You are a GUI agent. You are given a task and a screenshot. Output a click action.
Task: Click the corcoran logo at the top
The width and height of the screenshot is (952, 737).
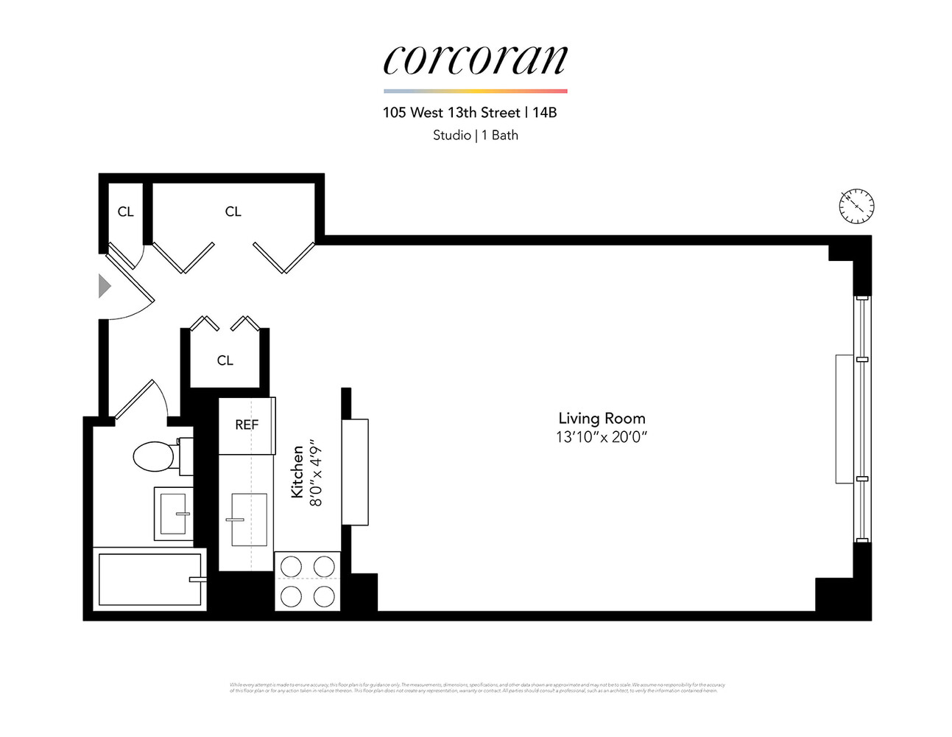point(475,59)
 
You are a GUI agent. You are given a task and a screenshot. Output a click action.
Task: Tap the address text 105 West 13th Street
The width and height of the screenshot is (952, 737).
point(451,113)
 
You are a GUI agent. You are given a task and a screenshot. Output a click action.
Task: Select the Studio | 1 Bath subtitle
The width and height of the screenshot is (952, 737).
point(475,135)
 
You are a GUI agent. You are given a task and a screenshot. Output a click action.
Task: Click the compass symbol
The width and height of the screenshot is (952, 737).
point(856,206)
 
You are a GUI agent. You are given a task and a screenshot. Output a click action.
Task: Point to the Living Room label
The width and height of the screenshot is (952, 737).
point(602,419)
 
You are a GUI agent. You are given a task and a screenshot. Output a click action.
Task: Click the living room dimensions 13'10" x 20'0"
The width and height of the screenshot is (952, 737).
point(602,437)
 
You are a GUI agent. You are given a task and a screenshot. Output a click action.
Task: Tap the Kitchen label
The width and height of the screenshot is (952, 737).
point(297,472)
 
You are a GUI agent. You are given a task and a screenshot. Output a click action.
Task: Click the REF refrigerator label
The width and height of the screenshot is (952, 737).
point(247,425)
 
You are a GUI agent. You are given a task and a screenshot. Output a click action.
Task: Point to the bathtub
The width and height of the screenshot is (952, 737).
point(149,579)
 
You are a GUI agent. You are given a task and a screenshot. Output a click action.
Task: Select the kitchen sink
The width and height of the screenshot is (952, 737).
point(249,520)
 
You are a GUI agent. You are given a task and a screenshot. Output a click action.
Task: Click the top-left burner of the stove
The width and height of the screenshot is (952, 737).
point(292,567)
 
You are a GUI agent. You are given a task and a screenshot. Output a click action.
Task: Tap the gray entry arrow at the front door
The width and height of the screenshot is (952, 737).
point(105,286)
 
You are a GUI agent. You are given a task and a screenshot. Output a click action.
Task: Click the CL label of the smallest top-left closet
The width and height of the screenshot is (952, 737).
point(126,212)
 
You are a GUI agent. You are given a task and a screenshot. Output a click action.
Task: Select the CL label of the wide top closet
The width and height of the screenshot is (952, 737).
point(233,212)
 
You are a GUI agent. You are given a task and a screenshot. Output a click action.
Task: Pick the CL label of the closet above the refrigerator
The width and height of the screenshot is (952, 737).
point(225,360)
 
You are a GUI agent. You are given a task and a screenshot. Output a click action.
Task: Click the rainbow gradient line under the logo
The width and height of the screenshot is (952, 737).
point(475,91)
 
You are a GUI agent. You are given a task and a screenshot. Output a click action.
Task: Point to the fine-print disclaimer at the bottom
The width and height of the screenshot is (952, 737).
point(476,688)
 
